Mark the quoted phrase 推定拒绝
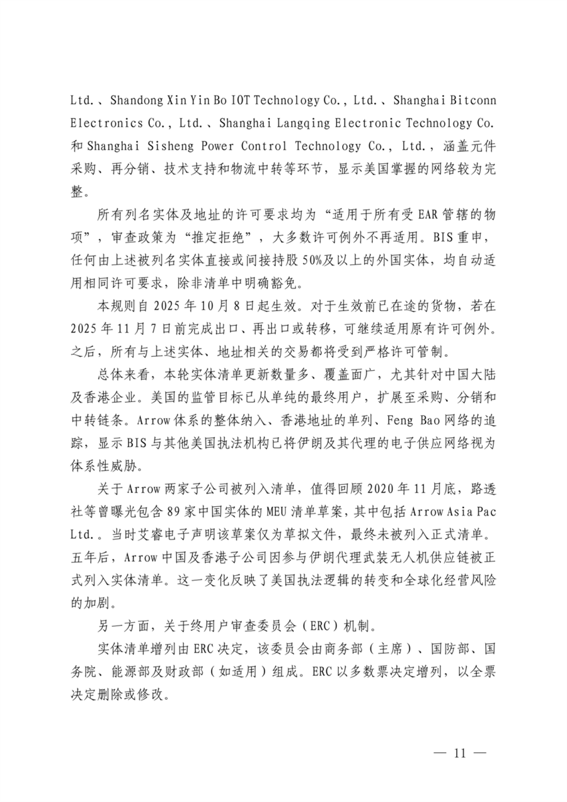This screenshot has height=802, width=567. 218,238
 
